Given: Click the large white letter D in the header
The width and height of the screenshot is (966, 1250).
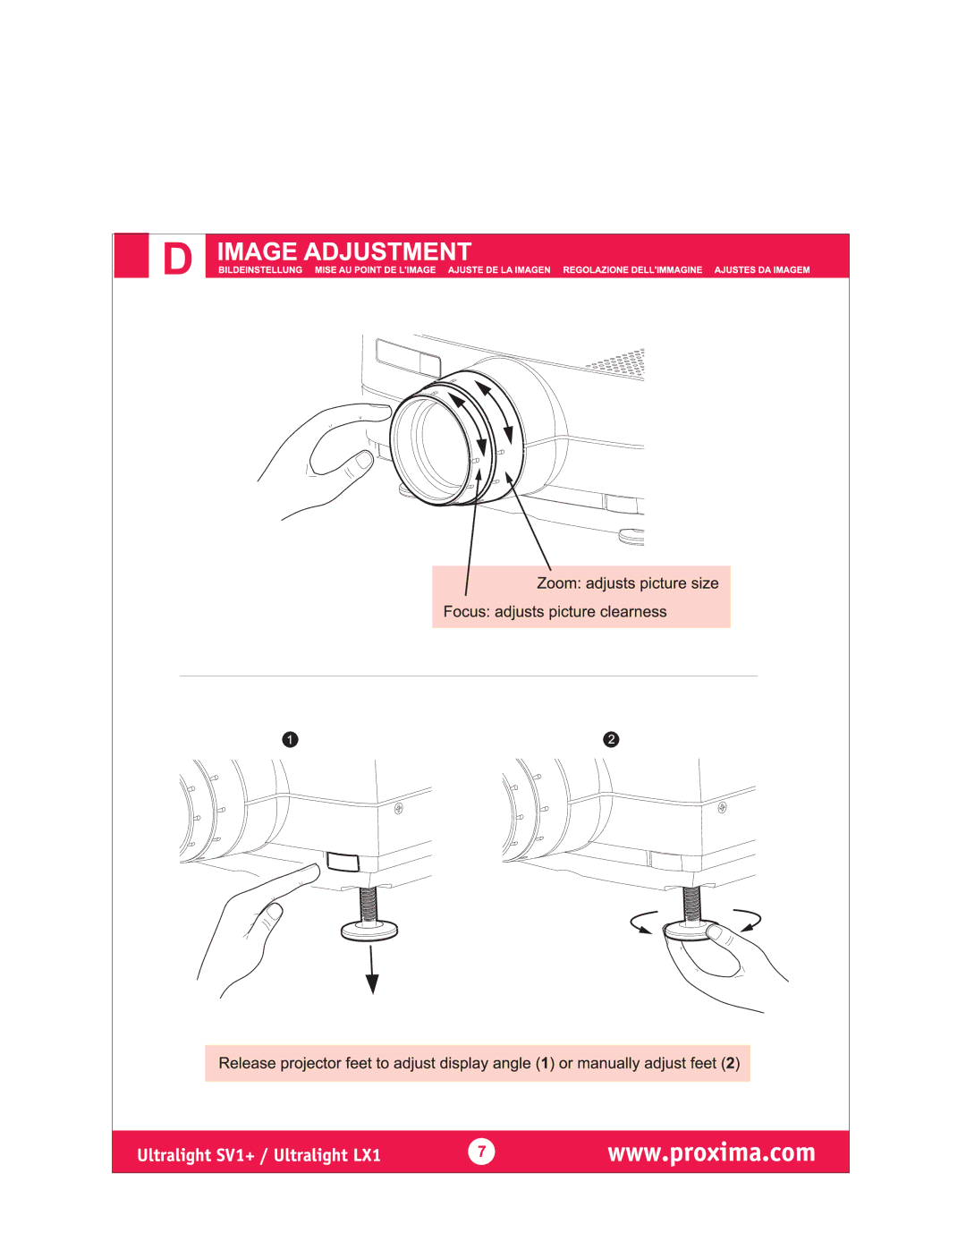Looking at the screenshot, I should (x=178, y=259).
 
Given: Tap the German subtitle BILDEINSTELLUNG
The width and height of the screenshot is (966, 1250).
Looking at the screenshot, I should (x=260, y=270).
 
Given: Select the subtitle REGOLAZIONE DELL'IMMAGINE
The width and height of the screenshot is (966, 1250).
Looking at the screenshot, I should (x=632, y=270).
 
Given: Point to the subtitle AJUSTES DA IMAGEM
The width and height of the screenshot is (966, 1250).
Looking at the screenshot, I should (x=762, y=270).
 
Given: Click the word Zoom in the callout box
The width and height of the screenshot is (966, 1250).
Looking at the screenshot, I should (x=557, y=583).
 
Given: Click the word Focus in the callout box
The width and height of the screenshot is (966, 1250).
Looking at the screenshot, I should (x=465, y=612).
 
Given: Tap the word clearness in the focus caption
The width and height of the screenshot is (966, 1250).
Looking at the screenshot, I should (x=633, y=612).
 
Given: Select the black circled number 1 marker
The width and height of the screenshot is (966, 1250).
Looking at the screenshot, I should (x=290, y=739).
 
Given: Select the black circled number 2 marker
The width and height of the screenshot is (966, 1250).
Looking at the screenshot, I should (x=611, y=739).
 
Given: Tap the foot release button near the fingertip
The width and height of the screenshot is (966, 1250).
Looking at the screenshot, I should (x=343, y=862).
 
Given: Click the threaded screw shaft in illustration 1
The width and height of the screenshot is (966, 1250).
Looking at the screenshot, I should (x=369, y=904).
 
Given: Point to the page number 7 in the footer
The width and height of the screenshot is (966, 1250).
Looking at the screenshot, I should (x=481, y=1152).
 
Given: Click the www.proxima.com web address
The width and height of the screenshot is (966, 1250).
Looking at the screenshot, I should (x=711, y=1152).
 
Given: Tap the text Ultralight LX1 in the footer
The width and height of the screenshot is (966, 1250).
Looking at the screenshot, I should (x=327, y=1155).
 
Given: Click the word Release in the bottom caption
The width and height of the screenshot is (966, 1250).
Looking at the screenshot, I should (x=247, y=1063).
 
